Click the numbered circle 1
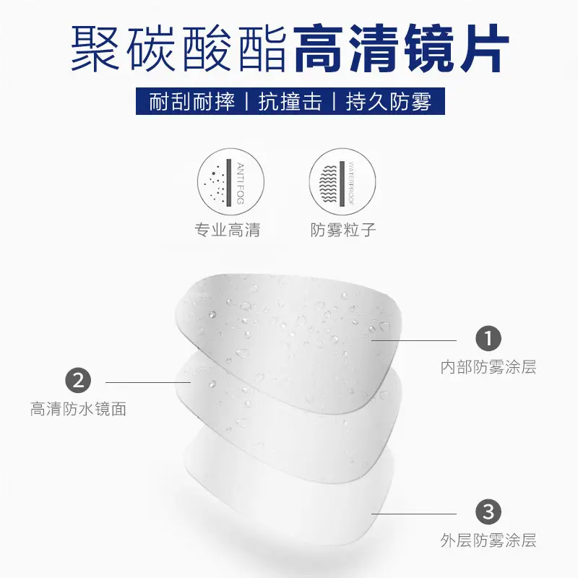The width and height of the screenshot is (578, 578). (488, 338)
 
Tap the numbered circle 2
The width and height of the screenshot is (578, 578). (78, 380)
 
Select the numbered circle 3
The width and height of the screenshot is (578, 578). (488, 512)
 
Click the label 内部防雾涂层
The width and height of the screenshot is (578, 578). (488, 367)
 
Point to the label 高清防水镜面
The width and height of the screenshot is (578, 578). (78, 409)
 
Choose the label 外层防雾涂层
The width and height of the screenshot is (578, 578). (488, 540)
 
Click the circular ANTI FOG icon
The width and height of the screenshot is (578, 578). (230, 182)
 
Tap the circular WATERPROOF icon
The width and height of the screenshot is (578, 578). (342, 182)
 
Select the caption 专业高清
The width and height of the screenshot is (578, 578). (228, 230)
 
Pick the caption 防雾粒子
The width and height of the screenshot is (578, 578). (342, 230)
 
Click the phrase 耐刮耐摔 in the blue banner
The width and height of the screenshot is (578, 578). (192, 101)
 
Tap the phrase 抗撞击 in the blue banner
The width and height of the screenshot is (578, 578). (290, 101)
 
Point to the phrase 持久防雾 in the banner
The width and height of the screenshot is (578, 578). (389, 101)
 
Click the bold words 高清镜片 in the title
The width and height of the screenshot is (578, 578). (402, 48)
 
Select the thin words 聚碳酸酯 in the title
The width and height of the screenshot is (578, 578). (178, 48)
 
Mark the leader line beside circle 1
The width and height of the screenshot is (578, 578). (414, 340)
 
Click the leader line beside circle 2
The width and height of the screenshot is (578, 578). (148, 382)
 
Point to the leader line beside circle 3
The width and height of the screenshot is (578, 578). (414, 514)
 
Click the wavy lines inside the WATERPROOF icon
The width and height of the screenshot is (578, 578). (329, 184)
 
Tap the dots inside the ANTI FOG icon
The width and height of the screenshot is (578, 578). (216, 184)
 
